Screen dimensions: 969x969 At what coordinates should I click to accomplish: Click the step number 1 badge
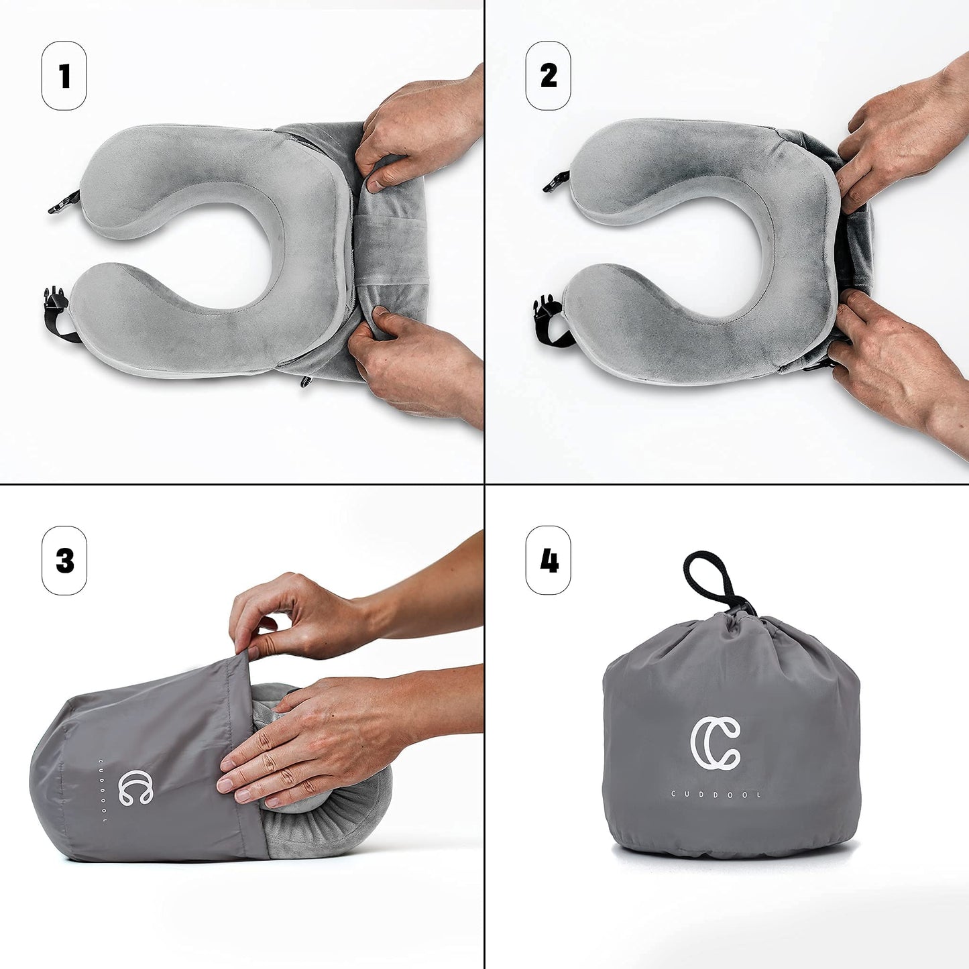(64, 76)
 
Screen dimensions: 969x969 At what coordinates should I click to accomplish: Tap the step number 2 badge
(548, 76)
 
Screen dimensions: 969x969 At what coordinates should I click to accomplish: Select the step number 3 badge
(64, 560)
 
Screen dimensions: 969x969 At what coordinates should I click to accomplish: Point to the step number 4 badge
(548, 560)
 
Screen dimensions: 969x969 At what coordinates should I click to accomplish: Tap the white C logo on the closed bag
(716, 742)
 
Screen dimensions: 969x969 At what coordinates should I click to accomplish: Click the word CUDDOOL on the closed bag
(716, 795)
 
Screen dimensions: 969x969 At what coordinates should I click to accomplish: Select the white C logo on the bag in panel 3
(136, 788)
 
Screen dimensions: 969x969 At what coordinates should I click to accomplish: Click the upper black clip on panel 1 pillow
(65, 201)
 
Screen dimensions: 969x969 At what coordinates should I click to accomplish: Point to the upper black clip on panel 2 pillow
(557, 181)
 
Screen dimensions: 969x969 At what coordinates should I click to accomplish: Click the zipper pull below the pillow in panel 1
(306, 381)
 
